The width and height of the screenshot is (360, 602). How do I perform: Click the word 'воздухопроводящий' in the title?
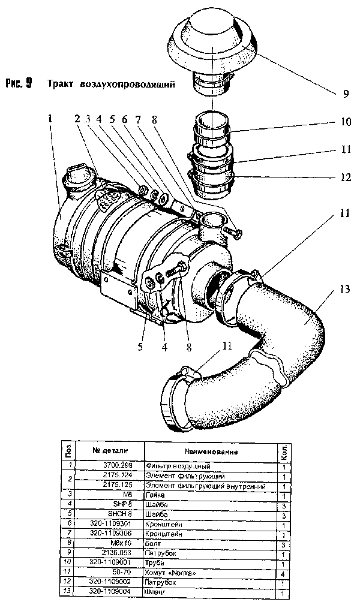(x=127, y=84)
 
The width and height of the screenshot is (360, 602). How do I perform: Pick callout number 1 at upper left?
(x=50, y=119)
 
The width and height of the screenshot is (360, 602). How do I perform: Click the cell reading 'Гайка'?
(x=155, y=495)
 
